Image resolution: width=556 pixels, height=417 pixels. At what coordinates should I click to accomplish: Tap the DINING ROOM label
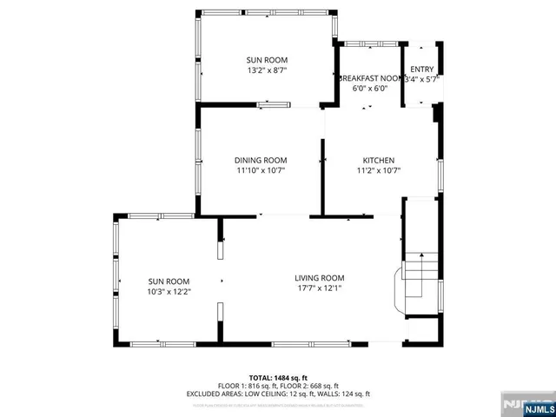point(261,160)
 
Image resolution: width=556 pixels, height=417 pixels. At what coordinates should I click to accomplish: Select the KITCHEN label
point(379,160)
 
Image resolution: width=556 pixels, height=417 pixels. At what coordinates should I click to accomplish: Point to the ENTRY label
point(421,69)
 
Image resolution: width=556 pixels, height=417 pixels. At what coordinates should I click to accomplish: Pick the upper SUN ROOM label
point(268,60)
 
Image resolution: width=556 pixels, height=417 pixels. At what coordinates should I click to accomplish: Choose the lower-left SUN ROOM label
point(169,281)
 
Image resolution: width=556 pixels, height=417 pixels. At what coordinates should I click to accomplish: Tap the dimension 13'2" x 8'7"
point(268,70)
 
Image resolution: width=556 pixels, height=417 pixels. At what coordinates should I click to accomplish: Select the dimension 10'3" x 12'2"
point(169,292)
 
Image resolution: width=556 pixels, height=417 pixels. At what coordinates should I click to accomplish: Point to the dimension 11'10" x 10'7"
point(261,170)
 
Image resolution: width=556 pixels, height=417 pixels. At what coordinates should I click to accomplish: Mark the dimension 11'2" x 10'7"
point(379,170)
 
